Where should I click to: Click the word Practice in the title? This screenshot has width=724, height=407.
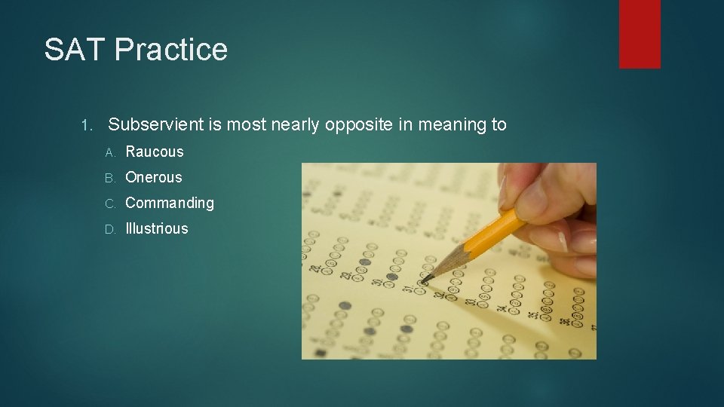(171, 50)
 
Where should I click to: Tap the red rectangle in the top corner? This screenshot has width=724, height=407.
(640, 33)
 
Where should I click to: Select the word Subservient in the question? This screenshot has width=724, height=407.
(155, 125)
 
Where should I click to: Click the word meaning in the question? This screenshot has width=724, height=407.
(444, 125)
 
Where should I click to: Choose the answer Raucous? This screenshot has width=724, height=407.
(155, 151)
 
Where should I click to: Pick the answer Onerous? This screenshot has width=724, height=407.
(154, 177)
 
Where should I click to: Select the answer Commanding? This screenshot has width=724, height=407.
(170, 203)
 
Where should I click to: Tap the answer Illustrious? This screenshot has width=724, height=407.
(157, 228)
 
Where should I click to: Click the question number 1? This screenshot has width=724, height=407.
(85, 125)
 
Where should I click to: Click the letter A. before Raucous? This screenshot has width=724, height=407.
(110, 152)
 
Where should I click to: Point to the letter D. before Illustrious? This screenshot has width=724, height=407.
(110, 229)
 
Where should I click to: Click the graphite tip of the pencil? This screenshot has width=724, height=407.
(425, 280)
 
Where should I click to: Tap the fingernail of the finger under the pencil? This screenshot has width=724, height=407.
(563, 242)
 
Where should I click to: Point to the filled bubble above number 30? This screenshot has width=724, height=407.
(391, 277)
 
